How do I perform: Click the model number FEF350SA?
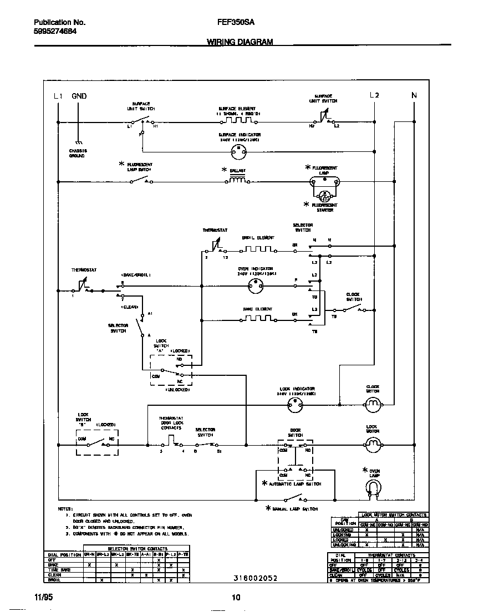tap(231, 23)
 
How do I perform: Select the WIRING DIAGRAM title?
tap(240, 42)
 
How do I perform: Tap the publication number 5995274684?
tap(55, 32)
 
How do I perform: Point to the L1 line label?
tap(58, 96)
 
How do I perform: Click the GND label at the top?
tap(79, 96)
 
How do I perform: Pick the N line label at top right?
tap(414, 96)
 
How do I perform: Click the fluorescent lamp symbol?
tap(324, 181)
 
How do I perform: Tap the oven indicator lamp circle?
tap(257, 286)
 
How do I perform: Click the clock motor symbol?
tap(372, 406)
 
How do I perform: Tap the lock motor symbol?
tap(372, 444)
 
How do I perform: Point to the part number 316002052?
tap(256, 578)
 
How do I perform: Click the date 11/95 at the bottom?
tap(42, 598)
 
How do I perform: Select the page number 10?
tap(236, 598)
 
